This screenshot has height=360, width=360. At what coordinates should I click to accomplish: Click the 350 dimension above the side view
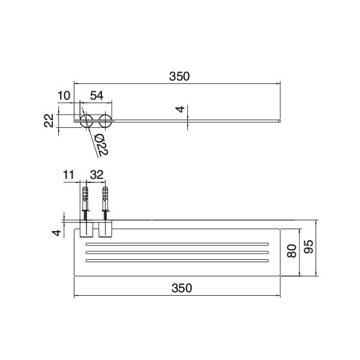click(179, 76)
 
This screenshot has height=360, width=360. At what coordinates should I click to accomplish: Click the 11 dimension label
click(68, 175)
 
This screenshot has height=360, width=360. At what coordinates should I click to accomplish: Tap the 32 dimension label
click(97, 175)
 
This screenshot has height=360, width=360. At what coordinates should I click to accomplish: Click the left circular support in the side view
click(86, 121)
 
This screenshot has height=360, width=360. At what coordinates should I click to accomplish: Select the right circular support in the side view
click(106, 121)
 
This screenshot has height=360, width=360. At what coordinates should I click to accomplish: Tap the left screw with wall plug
click(85, 205)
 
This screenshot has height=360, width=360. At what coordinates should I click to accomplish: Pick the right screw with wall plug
click(106, 205)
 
